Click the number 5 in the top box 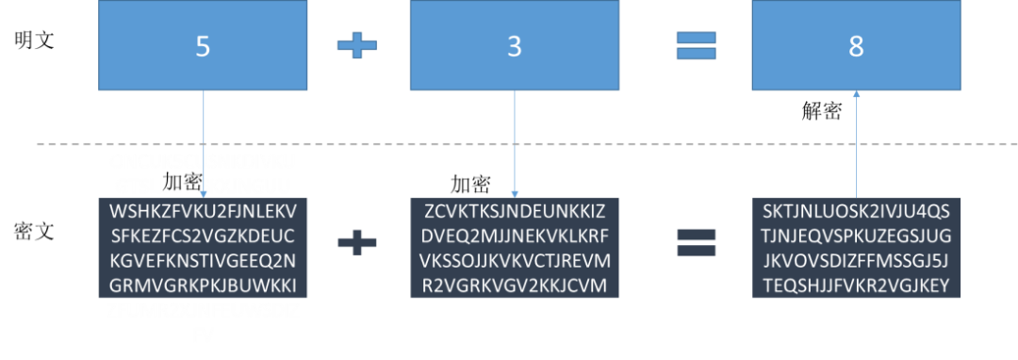click(203, 47)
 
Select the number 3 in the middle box click(514, 47)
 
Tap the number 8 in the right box click(856, 47)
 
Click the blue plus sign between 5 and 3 click(357, 45)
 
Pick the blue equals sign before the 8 click(696, 45)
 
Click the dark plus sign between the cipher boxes click(357, 244)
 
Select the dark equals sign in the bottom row click(696, 244)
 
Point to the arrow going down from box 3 click(515, 141)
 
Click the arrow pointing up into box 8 click(856, 141)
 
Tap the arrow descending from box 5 click(203, 141)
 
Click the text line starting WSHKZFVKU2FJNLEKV click(203, 209)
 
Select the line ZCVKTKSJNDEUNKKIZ click(515, 209)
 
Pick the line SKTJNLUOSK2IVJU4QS click(856, 209)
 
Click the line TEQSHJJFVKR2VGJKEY click(856, 286)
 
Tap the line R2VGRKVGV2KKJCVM click(515, 286)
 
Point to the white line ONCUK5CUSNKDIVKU click(203, 159)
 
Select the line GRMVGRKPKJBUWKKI click(203, 286)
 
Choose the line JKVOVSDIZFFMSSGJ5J click(856, 260)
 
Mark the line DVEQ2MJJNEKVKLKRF click(515, 235)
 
